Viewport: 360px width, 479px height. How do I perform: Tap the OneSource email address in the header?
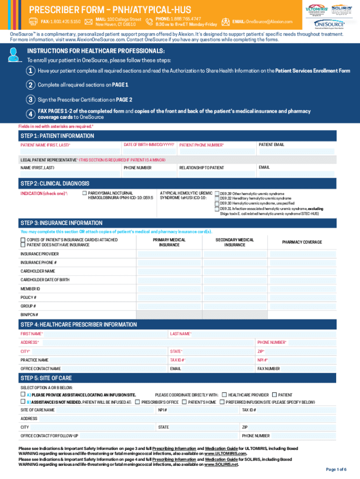[269, 22]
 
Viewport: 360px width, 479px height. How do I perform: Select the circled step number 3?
[30, 100]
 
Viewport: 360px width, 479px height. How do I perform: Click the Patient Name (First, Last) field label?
[45, 145]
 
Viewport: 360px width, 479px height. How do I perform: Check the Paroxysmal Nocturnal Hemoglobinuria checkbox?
[85, 193]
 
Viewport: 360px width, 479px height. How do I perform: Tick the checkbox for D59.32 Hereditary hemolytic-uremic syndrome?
[217, 199]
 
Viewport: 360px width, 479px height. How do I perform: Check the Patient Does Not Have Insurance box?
[22, 245]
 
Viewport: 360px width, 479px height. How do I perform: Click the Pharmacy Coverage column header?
[302, 242]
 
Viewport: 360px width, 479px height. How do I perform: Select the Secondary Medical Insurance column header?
[234, 242]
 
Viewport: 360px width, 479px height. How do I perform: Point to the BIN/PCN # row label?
[29, 314]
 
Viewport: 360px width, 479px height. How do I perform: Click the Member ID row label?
[30, 289]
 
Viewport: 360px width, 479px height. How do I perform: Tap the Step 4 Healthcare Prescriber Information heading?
[79, 325]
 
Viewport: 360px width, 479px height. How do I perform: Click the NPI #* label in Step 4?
[262, 360]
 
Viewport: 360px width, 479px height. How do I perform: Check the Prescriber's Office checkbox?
[137, 402]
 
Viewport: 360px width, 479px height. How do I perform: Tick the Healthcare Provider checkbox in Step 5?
[224, 395]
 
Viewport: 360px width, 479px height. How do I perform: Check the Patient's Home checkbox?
[184, 402]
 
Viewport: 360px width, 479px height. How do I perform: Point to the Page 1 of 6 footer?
[336, 469]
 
